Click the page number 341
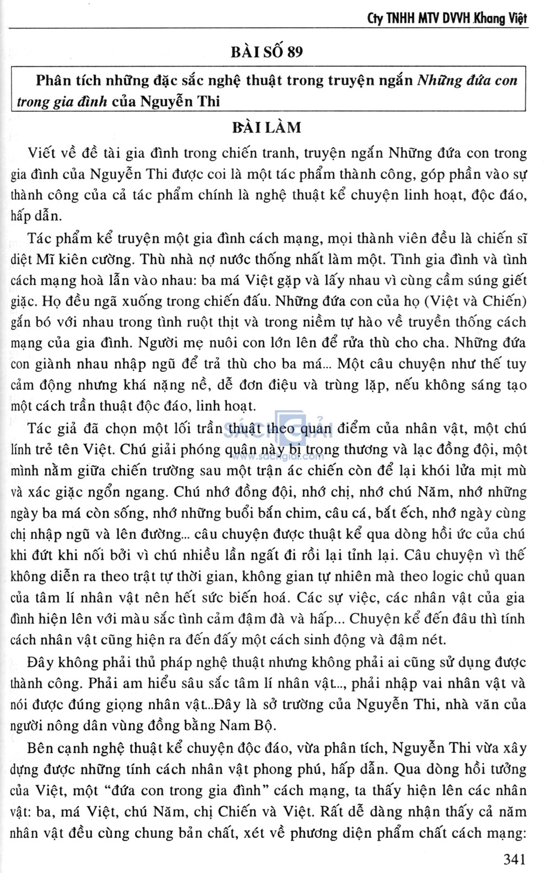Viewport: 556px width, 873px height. pyautogui.click(x=515, y=859)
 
